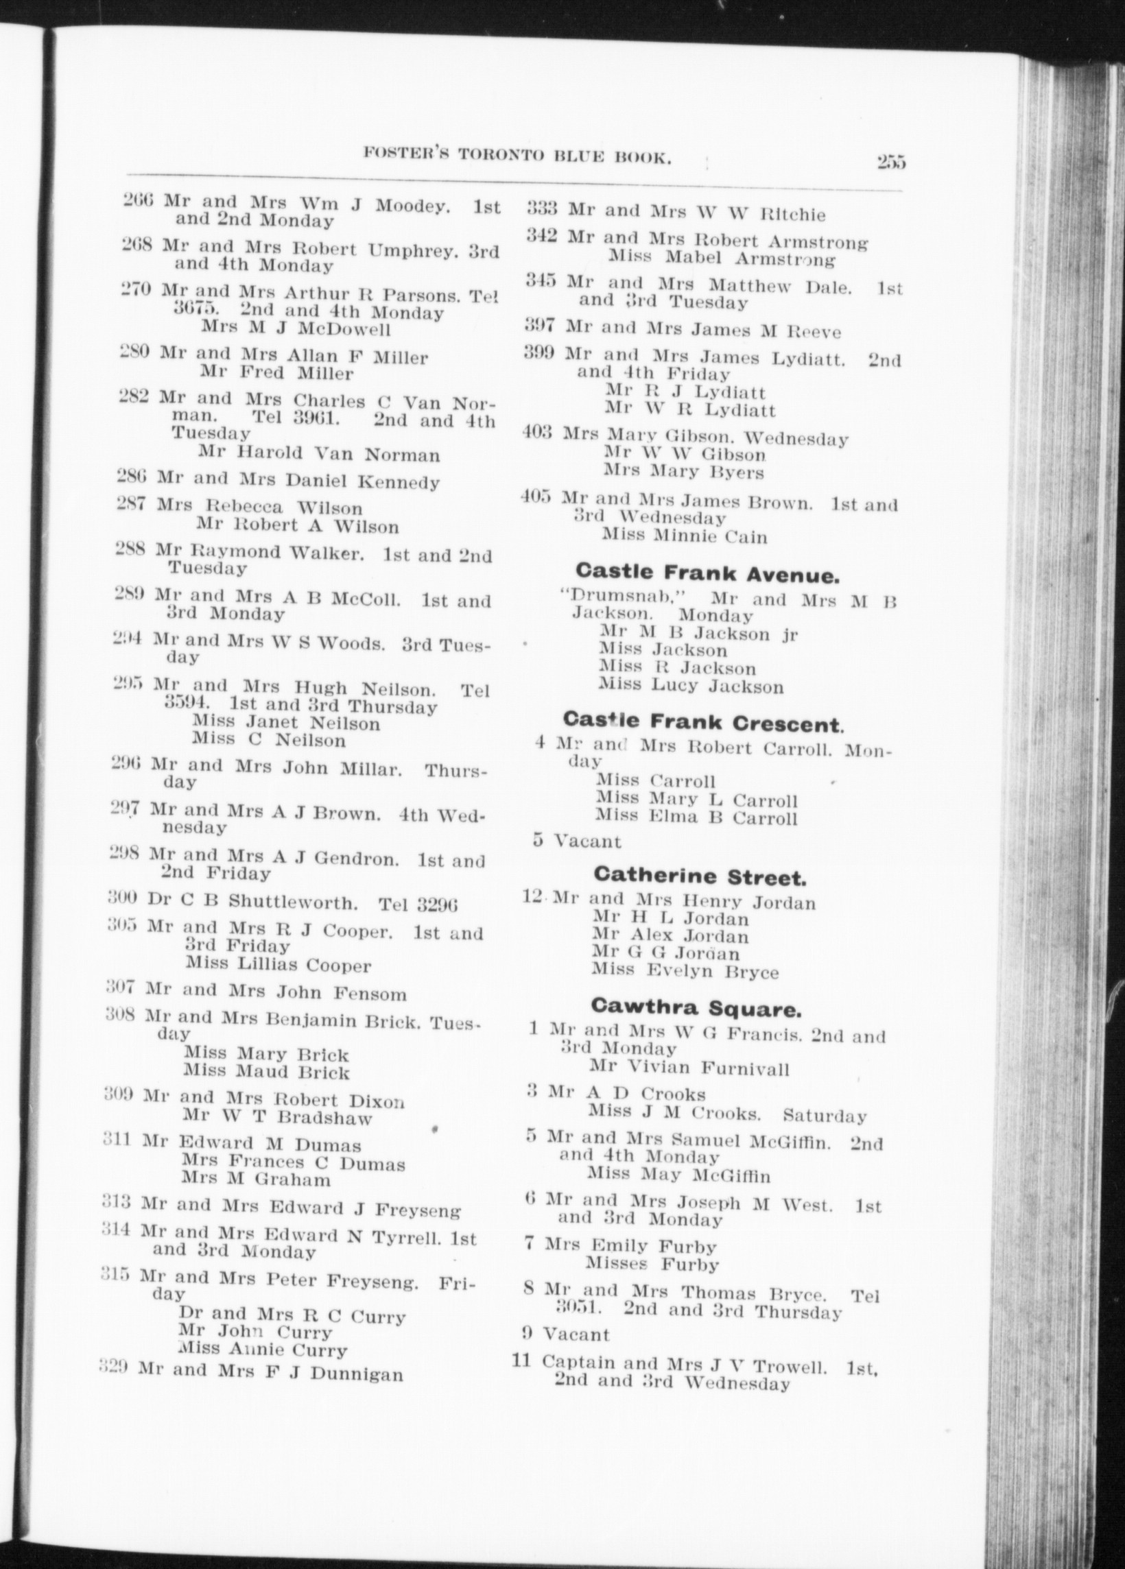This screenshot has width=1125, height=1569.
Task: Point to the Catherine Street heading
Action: click(700, 876)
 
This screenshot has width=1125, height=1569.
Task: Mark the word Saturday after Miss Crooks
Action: click(824, 1116)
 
